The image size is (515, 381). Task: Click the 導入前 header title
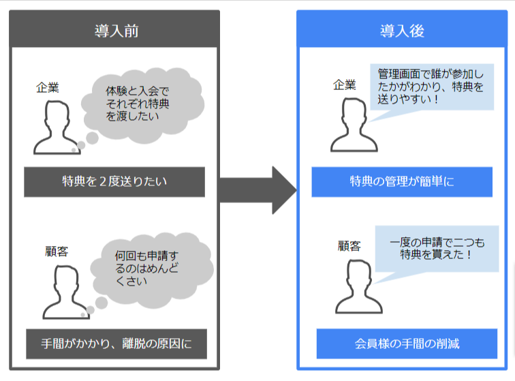[x=116, y=31]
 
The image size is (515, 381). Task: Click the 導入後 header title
[x=402, y=31]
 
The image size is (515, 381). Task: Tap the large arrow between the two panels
[x=258, y=190]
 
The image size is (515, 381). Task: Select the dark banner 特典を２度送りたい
[x=114, y=182]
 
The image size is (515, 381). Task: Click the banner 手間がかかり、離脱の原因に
[x=116, y=344]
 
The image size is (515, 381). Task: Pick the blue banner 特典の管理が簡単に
[x=402, y=182]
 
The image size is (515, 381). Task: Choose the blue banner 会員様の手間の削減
[x=407, y=344]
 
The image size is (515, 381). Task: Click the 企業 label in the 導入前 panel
[x=48, y=88]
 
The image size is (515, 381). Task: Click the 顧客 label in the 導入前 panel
[x=57, y=252]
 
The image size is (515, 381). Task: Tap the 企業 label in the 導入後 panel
[x=345, y=85]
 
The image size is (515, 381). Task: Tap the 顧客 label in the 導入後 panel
[x=349, y=246]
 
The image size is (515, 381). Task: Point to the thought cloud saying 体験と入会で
[x=142, y=105]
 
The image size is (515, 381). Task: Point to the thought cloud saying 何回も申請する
[x=152, y=270]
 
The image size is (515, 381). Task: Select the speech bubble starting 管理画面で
[x=432, y=87]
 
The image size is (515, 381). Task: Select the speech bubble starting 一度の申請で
[x=437, y=249]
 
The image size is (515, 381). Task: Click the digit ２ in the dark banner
[x=103, y=182]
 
